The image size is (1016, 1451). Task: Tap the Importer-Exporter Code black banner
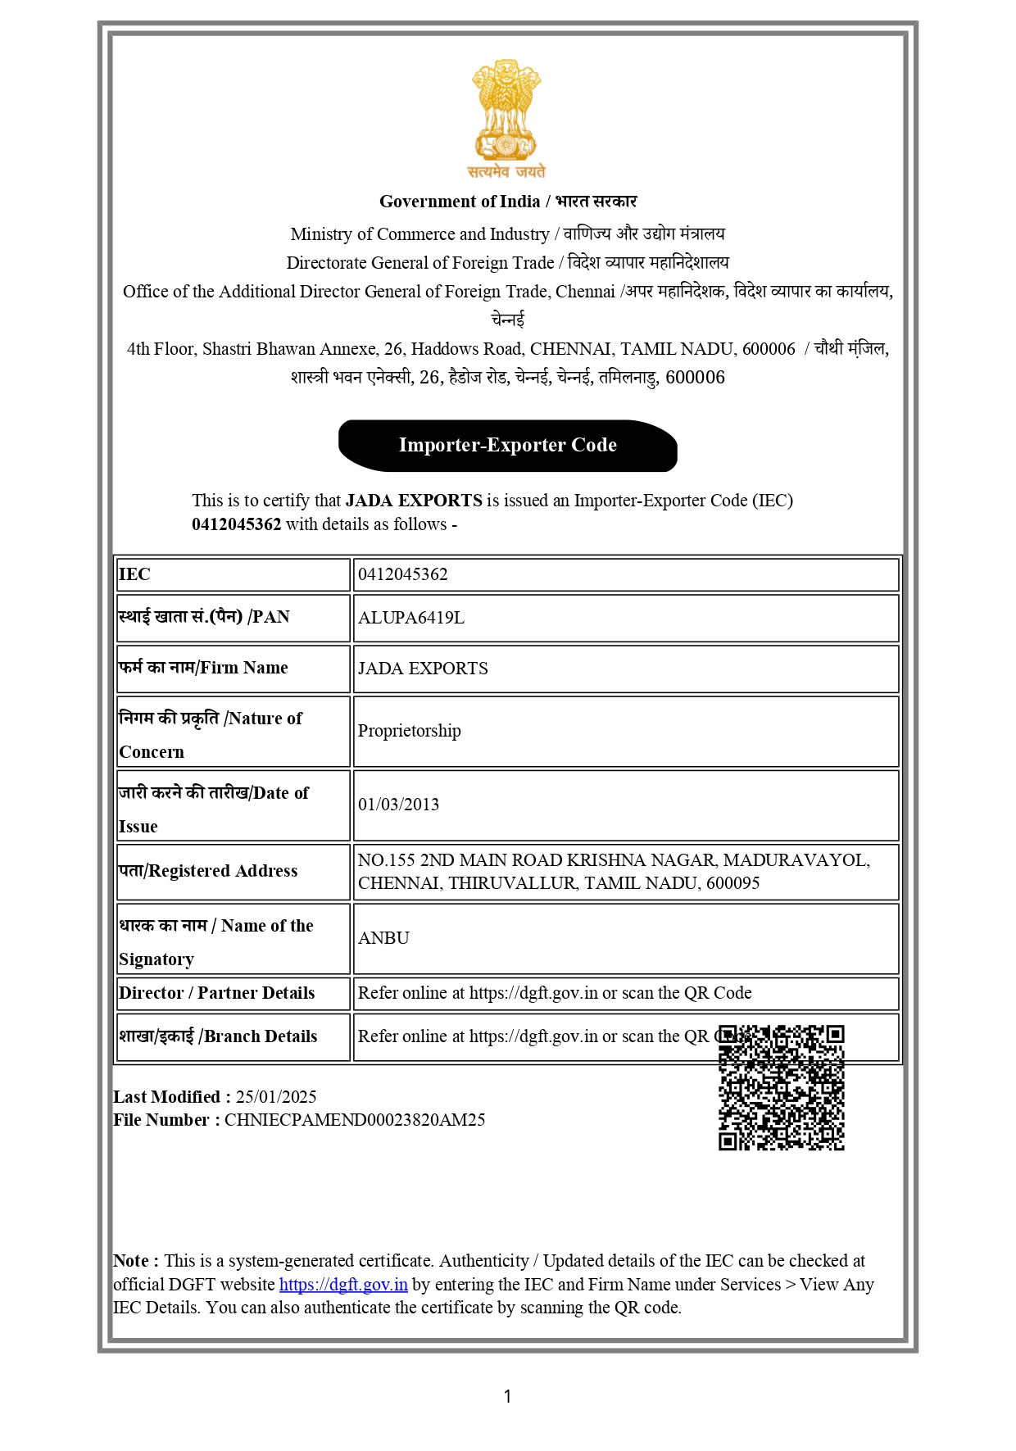click(x=507, y=445)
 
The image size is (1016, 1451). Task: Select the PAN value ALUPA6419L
click(x=411, y=618)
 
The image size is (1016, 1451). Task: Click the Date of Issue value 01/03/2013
click(x=398, y=805)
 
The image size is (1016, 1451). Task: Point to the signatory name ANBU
click(x=383, y=938)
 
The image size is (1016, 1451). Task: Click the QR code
click(x=781, y=1087)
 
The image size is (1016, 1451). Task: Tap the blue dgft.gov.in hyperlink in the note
click(x=343, y=1285)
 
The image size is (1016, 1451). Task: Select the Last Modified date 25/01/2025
click(x=276, y=1097)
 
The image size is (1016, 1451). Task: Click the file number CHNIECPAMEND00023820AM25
click(x=355, y=1120)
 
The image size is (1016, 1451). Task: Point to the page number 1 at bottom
click(x=507, y=1396)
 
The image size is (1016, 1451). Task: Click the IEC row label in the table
click(x=134, y=574)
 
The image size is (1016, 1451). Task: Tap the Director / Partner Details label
click(x=216, y=993)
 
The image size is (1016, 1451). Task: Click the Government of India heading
click(x=459, y=202)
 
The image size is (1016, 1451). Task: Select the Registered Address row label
click(x=208, y=871)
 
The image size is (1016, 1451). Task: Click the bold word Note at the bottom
click(x=131, y=1261)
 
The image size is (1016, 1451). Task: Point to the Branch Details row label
click(x=218, y=1036)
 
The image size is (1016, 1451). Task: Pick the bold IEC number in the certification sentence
click(x=236, y=524)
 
